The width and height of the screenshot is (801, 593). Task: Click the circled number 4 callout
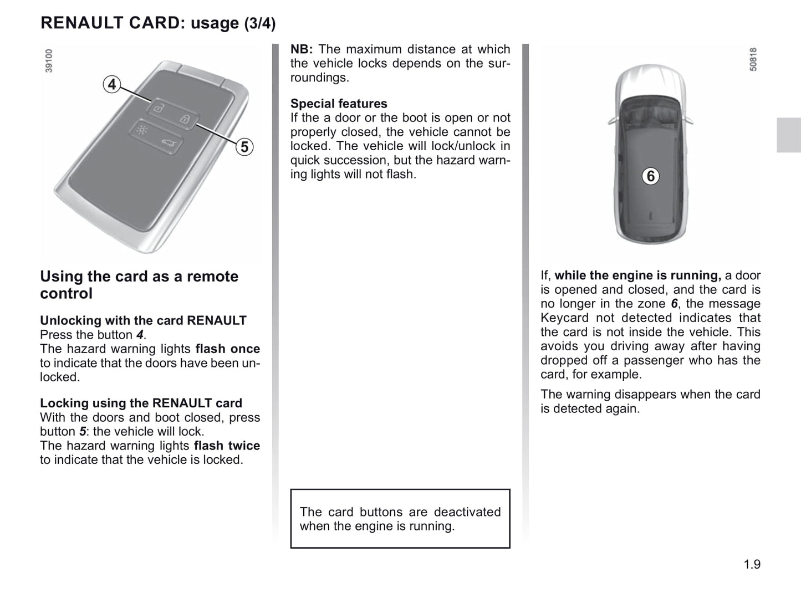click(x=112, y=85)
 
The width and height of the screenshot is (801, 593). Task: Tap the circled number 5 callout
click(x=244, y=147)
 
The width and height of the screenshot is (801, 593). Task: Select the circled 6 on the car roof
click(x=651, y=176)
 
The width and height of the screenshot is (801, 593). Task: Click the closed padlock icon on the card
click(x=185, y=119)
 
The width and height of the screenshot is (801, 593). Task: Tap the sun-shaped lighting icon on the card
click(x=142, y=131)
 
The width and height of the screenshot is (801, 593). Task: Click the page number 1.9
click(x=752, y=564)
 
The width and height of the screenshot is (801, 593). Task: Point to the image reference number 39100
click(x=49, y=61)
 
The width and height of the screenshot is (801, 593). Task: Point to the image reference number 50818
click(x=752, y=59)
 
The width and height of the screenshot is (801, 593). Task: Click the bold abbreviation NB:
click(x=302, y=49)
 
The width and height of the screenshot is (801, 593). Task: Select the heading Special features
click(x=339, y=104)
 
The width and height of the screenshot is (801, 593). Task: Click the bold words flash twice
click(x=227, y=446)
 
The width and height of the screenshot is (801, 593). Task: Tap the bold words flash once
click(x=227, y=349)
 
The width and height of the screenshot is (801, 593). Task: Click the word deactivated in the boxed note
click(x=467, y=512)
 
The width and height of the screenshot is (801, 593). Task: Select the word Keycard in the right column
click(x=564, y=318)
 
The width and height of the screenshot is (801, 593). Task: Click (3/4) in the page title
click(x=259, y=23)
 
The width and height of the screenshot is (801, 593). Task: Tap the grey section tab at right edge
click(x=788, y=135)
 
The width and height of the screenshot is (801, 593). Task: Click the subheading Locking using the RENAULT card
click(x=141, y=403)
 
